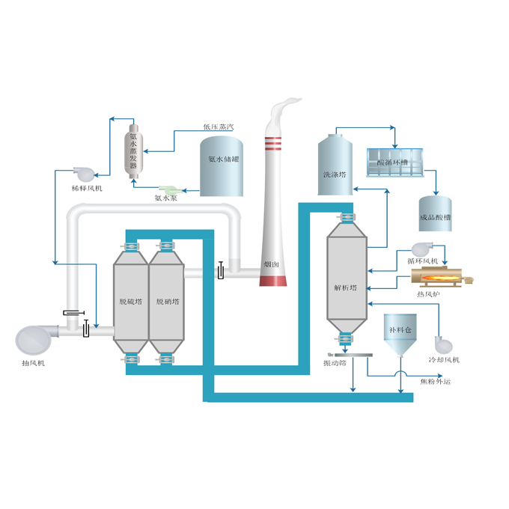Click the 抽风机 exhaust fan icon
pos(34,338)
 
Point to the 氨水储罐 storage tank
pos(222,166)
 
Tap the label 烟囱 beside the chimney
pos(272,264)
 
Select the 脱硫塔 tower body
pos(130,302)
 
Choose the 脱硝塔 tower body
pos(165,302)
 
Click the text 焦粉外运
pos(436,382)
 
